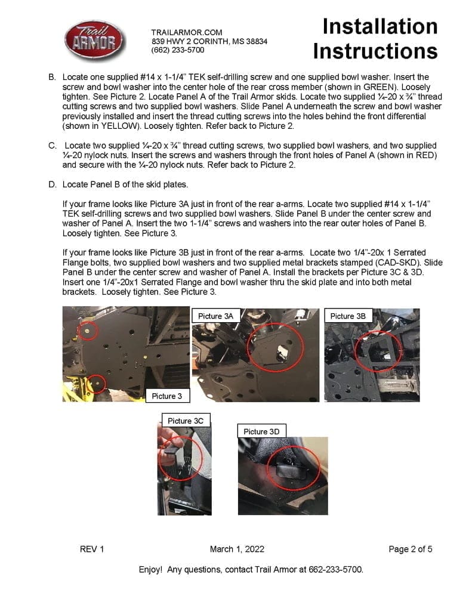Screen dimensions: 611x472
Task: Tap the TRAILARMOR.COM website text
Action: [x=187, y=32]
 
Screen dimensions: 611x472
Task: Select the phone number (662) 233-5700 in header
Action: [x=178, y=50]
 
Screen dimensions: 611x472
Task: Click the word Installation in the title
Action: [x=380, y=26]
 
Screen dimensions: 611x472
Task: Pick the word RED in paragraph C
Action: [x=426, y=155]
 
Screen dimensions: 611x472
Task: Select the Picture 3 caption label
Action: [x=171, y=396]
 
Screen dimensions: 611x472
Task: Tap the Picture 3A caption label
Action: [x=215, y=316]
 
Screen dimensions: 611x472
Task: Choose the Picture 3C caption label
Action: [x=185, y=421]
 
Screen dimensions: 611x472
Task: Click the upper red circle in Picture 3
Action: [x=88, y=330]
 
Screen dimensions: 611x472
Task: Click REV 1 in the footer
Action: [x=92, y=549]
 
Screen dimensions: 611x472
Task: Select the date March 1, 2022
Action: [x=237, y=549]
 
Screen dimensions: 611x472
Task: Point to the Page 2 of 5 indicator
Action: [x=410, y=549]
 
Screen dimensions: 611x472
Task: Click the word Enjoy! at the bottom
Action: [x=150, y=569]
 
